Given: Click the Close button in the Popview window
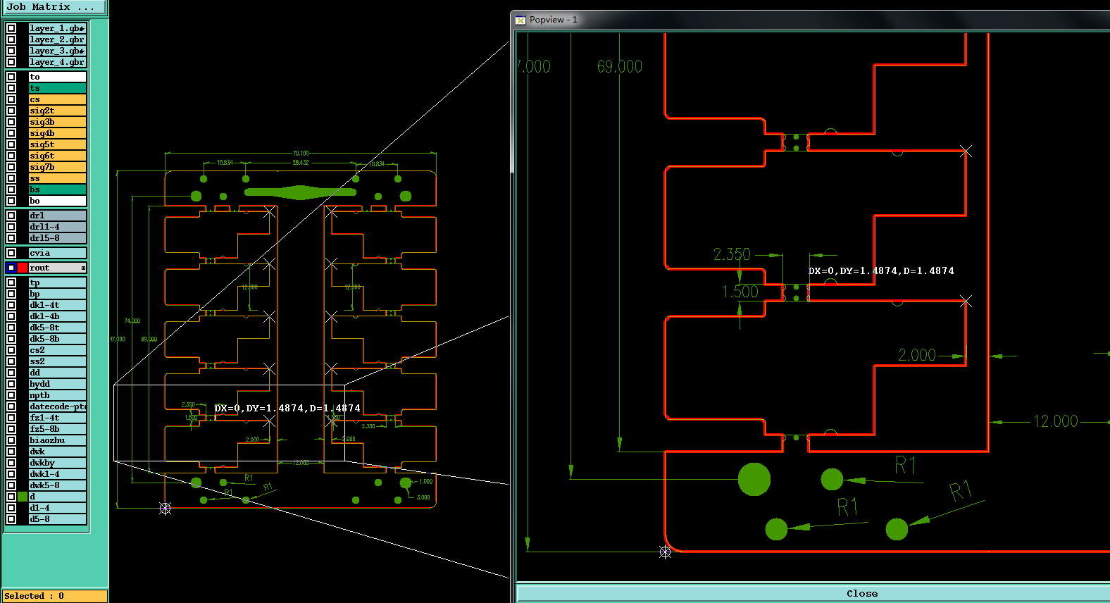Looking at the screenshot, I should pos(861,593).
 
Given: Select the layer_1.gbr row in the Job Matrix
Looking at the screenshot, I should pos(56,28).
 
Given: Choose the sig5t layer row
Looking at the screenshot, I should pos(56,144).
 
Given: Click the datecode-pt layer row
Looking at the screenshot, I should pos(56,406).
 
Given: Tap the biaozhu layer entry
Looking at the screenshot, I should pos(56,440).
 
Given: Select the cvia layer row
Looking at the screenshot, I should pos(56,253).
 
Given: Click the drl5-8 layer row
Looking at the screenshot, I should pos(56,238).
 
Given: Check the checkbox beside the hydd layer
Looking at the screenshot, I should pos(11,384).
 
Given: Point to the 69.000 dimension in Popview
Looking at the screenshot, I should pos(620,67).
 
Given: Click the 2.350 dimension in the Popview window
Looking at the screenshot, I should pos(732,254).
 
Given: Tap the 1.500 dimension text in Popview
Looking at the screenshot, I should pos(740,292).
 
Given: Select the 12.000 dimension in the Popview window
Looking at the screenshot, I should pos(1055,421).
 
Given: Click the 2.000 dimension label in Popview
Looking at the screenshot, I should pos(916,355).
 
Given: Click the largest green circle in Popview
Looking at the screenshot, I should pos(754,479).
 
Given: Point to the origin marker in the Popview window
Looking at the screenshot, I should pos(665,552).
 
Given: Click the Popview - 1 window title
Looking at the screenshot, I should pos(553,20).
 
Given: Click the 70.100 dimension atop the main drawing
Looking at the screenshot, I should pos(301,153).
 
